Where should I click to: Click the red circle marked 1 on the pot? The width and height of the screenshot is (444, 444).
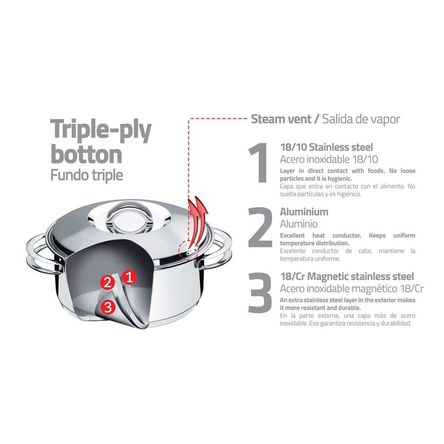(x=129, y=277)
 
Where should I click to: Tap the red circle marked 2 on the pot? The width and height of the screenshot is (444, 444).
(x=107, y=282)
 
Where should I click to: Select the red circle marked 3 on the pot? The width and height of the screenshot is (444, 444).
(x=108, y=307)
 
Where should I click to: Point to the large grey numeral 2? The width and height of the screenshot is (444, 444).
(x=260, y=228)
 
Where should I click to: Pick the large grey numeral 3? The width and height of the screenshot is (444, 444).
(x=260, y=292)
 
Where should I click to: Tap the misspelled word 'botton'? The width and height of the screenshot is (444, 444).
(x=87, y=154)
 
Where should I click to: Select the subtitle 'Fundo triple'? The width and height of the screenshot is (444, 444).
(x=87, y=175)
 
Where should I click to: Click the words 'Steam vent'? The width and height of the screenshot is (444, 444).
(x=281, y=119)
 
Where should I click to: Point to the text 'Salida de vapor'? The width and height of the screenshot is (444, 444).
(x=361, y=119)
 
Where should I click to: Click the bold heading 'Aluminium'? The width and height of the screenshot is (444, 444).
(x=304, y=212)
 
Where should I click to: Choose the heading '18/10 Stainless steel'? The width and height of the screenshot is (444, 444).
(x=326, y=147)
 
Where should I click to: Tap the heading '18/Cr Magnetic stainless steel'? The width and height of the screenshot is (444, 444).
(x=347, y=276)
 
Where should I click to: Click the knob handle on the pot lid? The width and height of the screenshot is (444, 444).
(x=130, y=218)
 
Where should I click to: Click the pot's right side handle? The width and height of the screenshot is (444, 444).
(x=216, y=247)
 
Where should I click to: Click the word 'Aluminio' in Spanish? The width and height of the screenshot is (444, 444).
(x=299, y=224)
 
